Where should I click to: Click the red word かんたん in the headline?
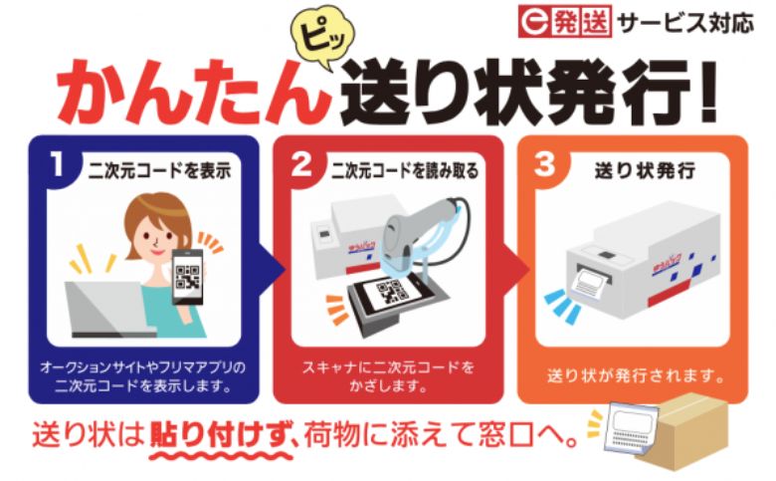pos(192,93)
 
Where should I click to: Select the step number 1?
pos(57,164)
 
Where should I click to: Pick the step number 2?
pos(301,164)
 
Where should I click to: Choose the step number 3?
pos(545,164)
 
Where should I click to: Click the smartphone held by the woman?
pos(188,277)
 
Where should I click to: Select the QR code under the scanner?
pos(391,293)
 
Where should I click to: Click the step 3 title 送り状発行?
pos(646,171)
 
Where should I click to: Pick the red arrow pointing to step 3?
pos(516,270)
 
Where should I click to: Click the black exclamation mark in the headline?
pos(708,92)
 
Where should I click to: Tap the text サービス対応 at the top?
pos(685,23)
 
